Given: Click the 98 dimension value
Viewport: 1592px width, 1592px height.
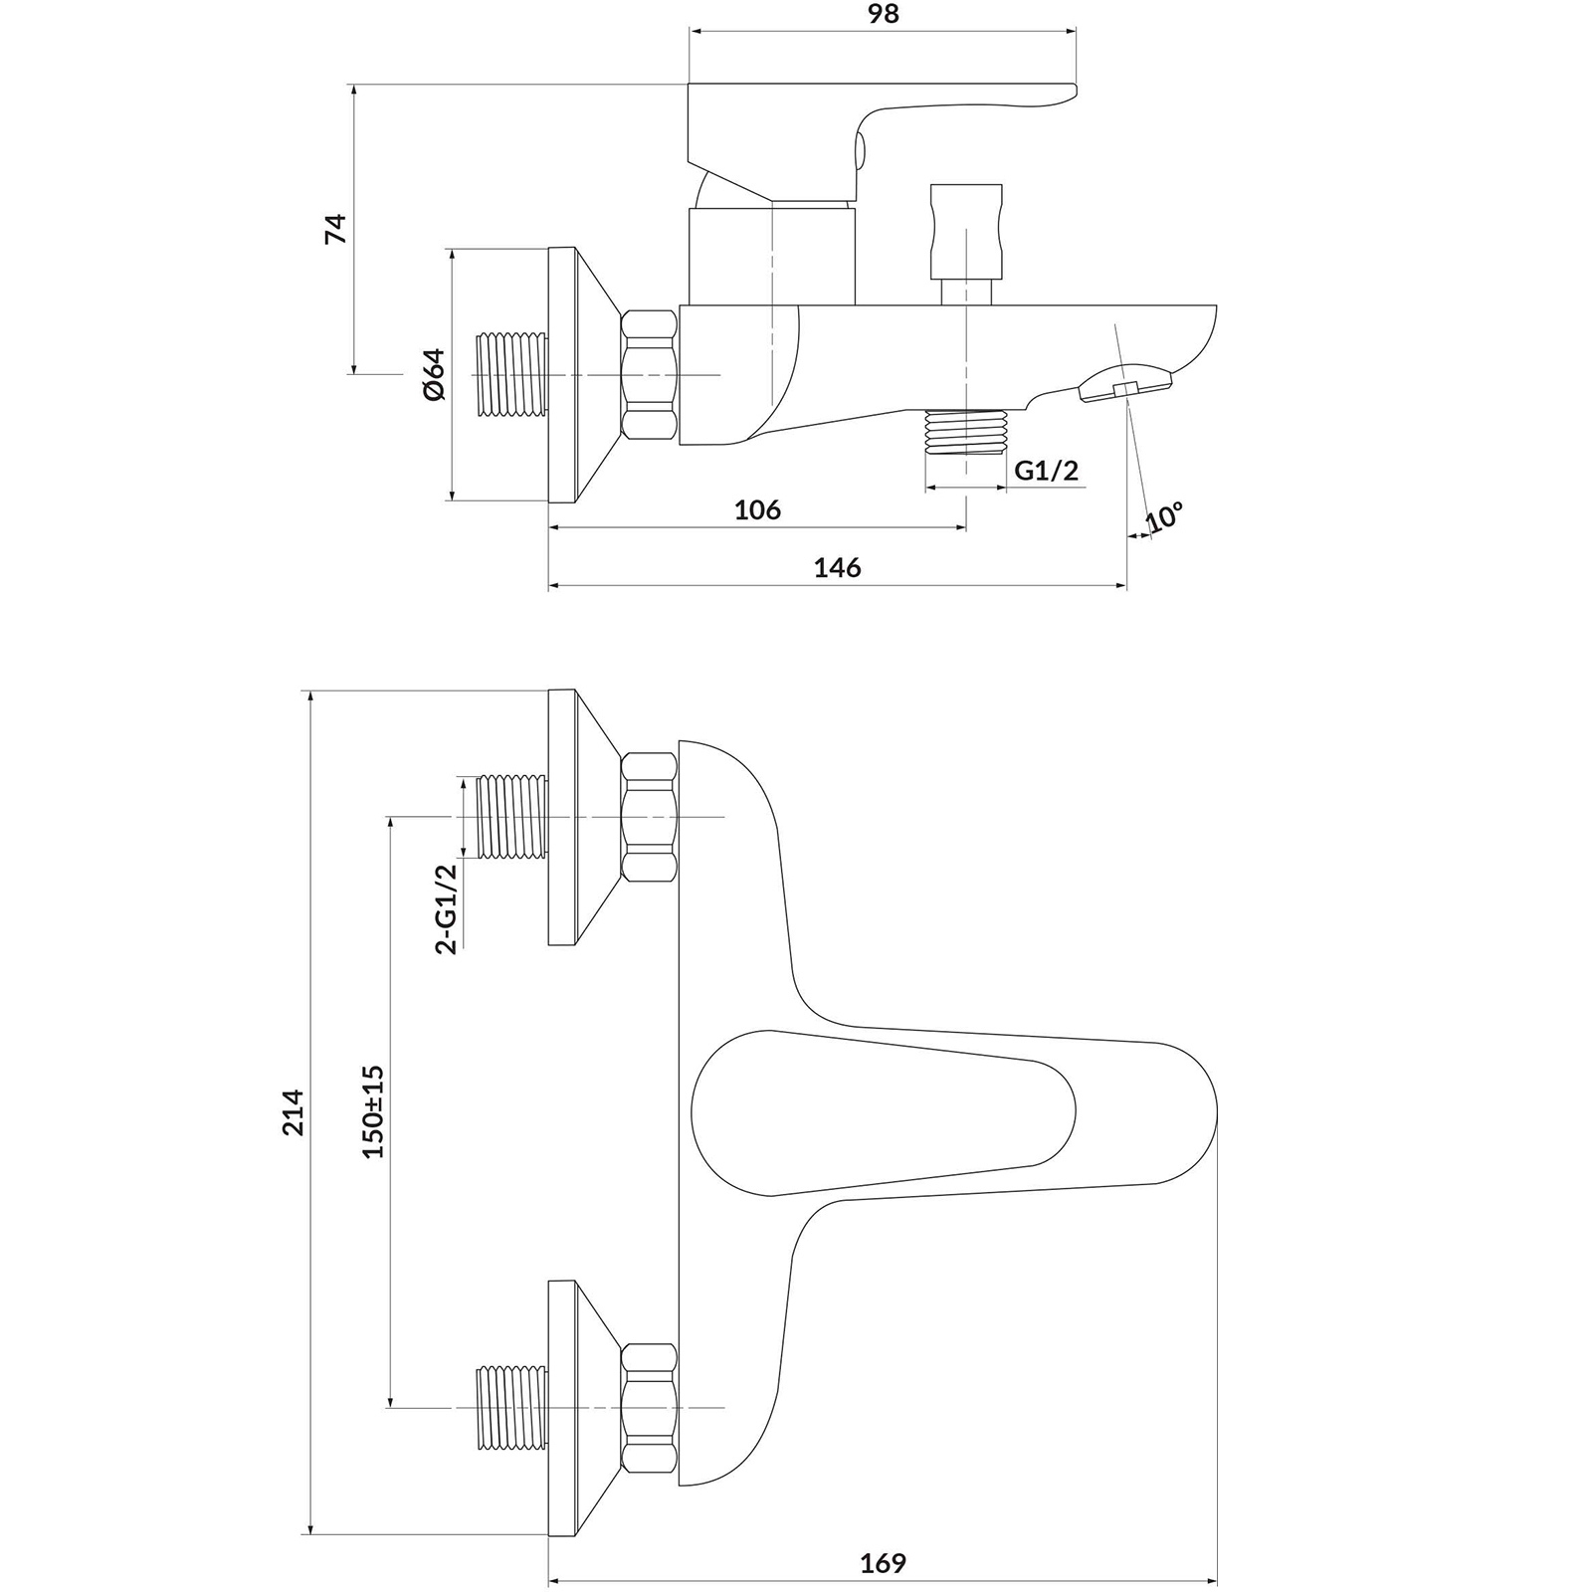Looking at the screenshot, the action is pyautogui.click(x=884, y=14).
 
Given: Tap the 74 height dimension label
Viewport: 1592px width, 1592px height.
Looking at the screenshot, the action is pyautogui.click(x=336, y=229).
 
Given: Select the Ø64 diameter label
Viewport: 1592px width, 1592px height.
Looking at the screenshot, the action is pyautogui.click(x=434, y=374).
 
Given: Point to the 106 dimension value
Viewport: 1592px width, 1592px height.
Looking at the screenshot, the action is pyautogui.click(x=757, y=509).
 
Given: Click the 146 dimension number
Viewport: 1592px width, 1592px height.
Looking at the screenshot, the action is pyautogui.click(x=837, y=567).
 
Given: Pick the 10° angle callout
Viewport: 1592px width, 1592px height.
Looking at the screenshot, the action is pyautogui.click(x=1164, y=516).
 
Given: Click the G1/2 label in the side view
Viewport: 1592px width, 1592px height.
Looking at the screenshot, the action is pyautogui.click(x=1047, y=470).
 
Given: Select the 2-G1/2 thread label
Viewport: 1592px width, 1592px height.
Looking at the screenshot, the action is pyautogui.click(x=447, y=908).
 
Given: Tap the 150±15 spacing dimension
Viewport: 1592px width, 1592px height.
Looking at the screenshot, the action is pyautogui.click(x=373, y=1110).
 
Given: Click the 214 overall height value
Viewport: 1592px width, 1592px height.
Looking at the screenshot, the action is pyautogui.click(x=292, y=1112).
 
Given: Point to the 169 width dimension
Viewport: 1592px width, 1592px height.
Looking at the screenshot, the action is pyautogui.click(x=884, y=1563).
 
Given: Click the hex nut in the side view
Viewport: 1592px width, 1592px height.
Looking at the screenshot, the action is pyautogui.click(x=650, y=374).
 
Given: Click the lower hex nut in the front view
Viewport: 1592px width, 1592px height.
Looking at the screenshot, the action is pyautogui.click(x=650, y=1407).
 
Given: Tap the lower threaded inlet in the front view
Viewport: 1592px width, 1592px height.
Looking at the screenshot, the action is pyautogui.click(x=513, y=1407).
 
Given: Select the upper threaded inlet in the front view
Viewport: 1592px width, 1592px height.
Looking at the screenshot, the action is pyautogui.click(x=513, y=817).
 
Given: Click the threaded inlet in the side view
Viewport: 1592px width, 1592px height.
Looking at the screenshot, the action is pyautogui.click(x=513, y=374).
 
